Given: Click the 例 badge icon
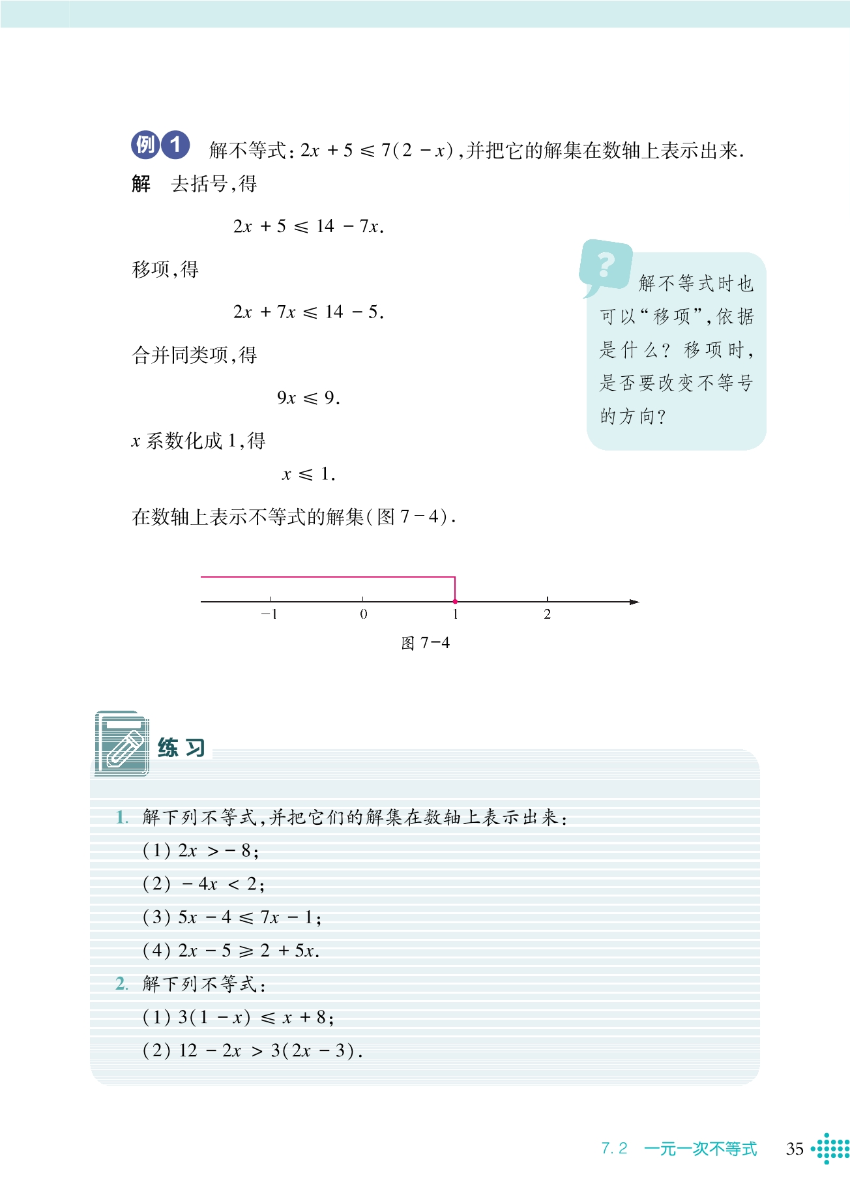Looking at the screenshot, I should (145, 145).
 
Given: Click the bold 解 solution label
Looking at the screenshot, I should (141, 184).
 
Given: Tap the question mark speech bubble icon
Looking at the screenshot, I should (606, 265).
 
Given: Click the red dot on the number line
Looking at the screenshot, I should (455, 601).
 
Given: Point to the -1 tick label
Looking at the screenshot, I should (269, 614).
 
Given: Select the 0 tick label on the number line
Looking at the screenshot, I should (363, 614).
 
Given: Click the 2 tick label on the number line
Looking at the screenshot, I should (548, 614).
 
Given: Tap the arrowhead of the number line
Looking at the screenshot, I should (634, 602).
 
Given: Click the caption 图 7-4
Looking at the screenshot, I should (425, 644).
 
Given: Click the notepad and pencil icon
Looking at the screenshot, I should (122, 744).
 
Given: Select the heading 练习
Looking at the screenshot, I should (181, 748).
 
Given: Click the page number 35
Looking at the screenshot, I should (795, 1149).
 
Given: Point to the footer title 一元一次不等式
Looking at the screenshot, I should (700, 1149).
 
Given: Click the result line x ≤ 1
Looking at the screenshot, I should (308, 475).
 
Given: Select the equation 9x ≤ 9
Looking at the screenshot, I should (308, 398).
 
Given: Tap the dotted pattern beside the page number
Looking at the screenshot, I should (831, 1148).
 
